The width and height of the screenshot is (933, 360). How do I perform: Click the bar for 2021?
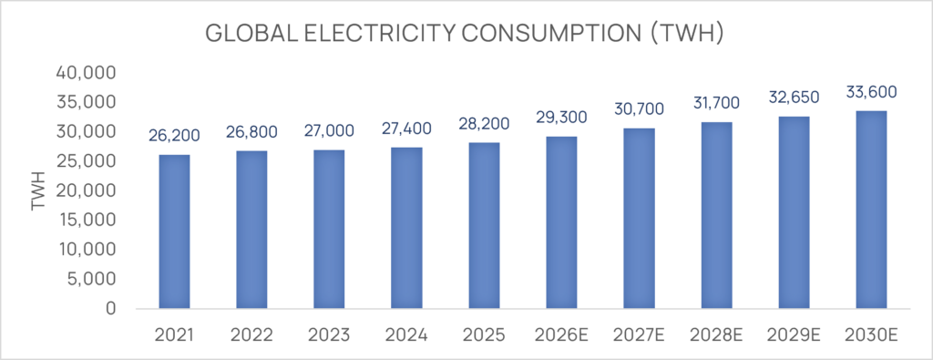174,231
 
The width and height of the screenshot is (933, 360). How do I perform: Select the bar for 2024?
407,228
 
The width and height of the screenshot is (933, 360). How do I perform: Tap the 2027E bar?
639,219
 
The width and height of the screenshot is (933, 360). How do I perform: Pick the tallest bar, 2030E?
872,210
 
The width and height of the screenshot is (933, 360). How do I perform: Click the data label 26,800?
251,131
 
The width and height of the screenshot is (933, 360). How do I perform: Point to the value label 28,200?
484,124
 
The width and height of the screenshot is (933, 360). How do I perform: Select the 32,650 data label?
795,97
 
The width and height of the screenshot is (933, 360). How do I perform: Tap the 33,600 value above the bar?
872,92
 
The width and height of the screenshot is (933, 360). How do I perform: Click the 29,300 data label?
561,118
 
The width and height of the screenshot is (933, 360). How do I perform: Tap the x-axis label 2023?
329,336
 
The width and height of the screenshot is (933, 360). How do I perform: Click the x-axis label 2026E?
561,336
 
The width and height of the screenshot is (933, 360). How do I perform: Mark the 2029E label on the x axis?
795,336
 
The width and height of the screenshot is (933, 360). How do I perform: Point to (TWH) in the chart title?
686,34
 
